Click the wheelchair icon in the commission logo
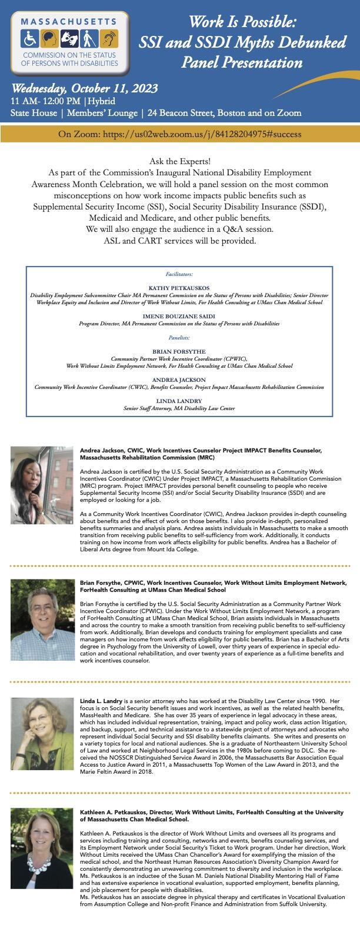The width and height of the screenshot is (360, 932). point(30,39)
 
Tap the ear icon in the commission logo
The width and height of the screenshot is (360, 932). point(111,39)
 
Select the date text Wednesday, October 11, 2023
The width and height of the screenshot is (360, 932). point(84,88)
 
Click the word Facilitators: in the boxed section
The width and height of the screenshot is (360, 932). point(179,274)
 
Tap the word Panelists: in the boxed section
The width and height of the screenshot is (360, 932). point(179,338)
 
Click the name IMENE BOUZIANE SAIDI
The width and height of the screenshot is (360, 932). point(179,315)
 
